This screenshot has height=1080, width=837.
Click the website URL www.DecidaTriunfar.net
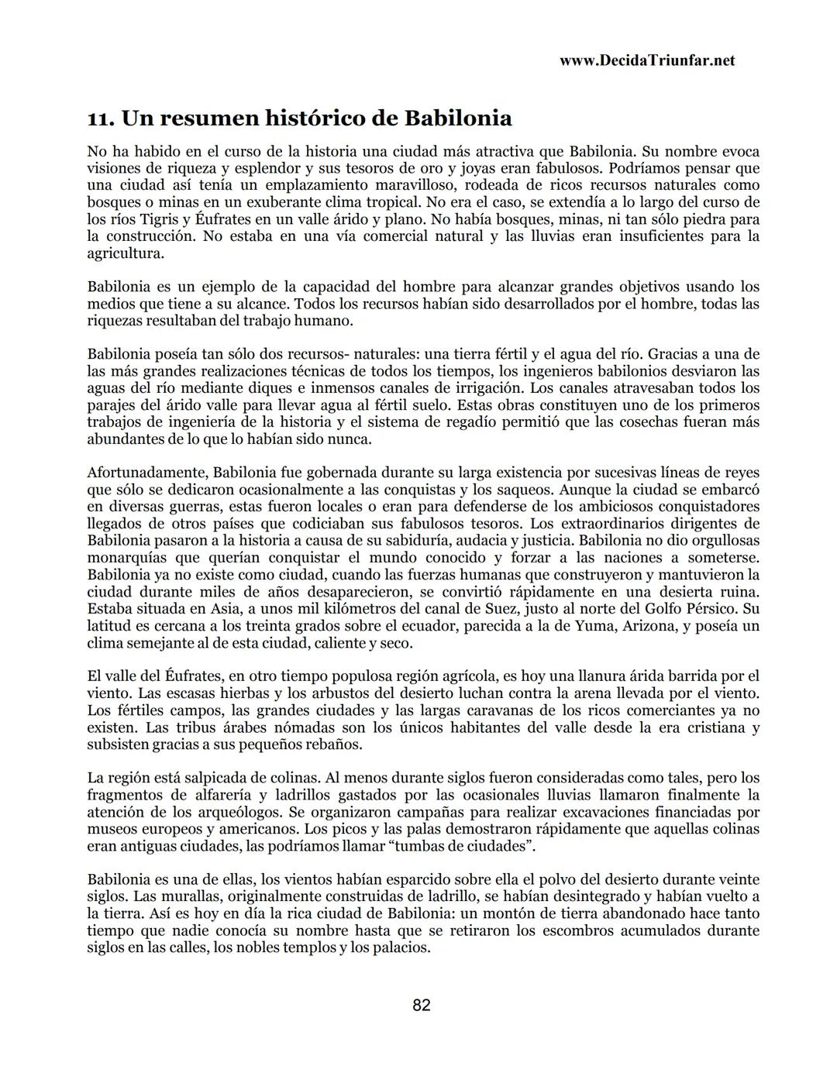pyautogui.click(x=646, y=60)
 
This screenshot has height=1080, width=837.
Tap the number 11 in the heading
pyautogui.click(x=100, y=119)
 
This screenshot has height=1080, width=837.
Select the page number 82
pyautogui.click(x=422, y=1006)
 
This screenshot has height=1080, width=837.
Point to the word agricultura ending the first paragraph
pyautogui.click(x=125, y=253)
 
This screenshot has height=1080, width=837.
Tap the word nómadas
pyautogui.click(x=293, y=727)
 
